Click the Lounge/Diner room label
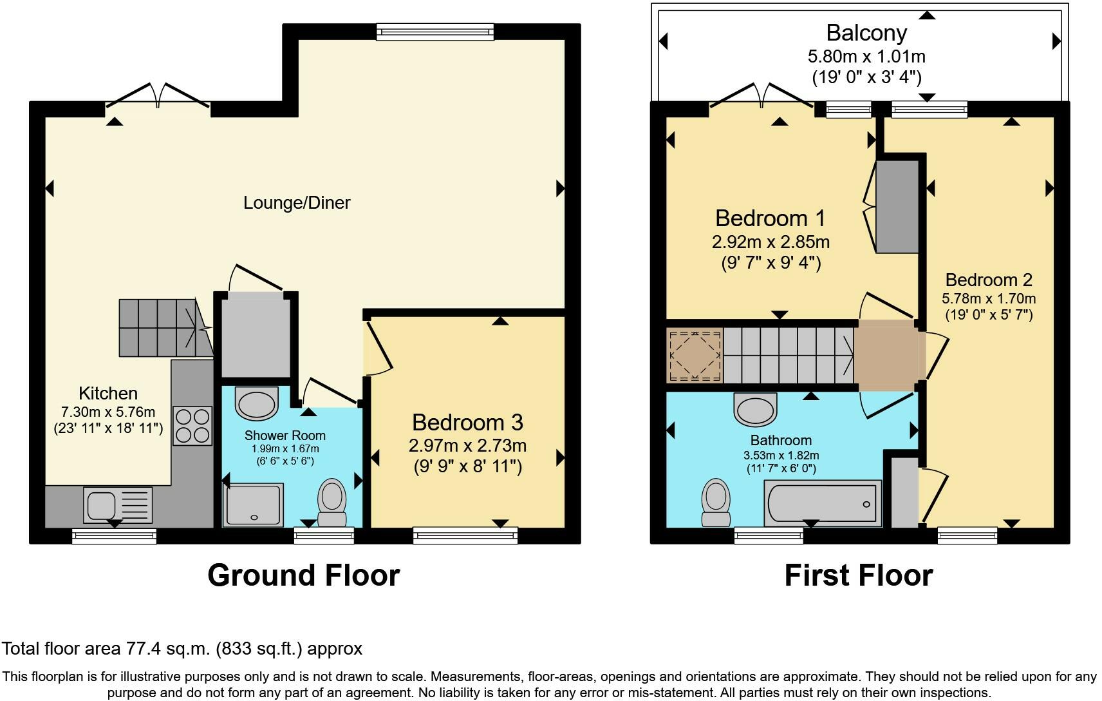(297, 203)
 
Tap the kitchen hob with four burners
(192, 426)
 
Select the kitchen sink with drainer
(118, 504)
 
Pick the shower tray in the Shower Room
(253, 505)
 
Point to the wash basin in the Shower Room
(256, 403)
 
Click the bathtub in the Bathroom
(823, 503)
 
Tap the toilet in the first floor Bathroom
(716, 503)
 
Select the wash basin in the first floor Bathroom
(755, 409)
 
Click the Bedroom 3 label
(467, 423)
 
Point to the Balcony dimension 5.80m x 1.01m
(866, 57)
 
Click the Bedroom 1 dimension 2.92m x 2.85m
(770, 242)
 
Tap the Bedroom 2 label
(989, 280)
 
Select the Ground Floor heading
(304, 575)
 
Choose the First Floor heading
(859, 575)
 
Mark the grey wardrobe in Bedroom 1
(897, 207)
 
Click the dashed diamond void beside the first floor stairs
(695, 356)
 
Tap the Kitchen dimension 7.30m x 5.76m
(107, 412)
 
